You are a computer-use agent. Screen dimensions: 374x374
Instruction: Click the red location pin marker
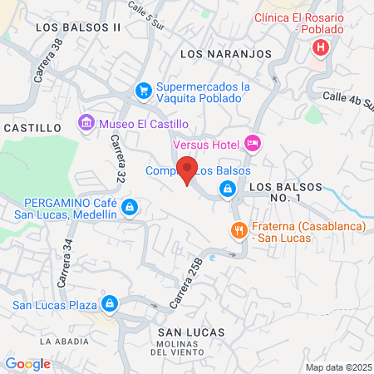point(188,170)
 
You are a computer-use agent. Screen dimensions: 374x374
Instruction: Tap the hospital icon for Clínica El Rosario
point(320,47)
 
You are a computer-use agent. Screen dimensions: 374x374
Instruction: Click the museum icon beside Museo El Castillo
point(86,124)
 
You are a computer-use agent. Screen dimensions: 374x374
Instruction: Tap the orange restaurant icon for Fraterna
point(238,231)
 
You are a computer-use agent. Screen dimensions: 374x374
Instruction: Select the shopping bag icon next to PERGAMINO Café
point(129,207)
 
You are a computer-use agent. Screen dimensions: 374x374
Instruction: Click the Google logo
point(27,363)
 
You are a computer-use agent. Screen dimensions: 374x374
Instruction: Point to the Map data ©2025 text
point(338,367)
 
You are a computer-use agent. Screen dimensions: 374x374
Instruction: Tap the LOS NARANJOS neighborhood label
point(226,53)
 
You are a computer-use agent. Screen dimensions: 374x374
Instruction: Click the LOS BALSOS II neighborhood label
point(79,27)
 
